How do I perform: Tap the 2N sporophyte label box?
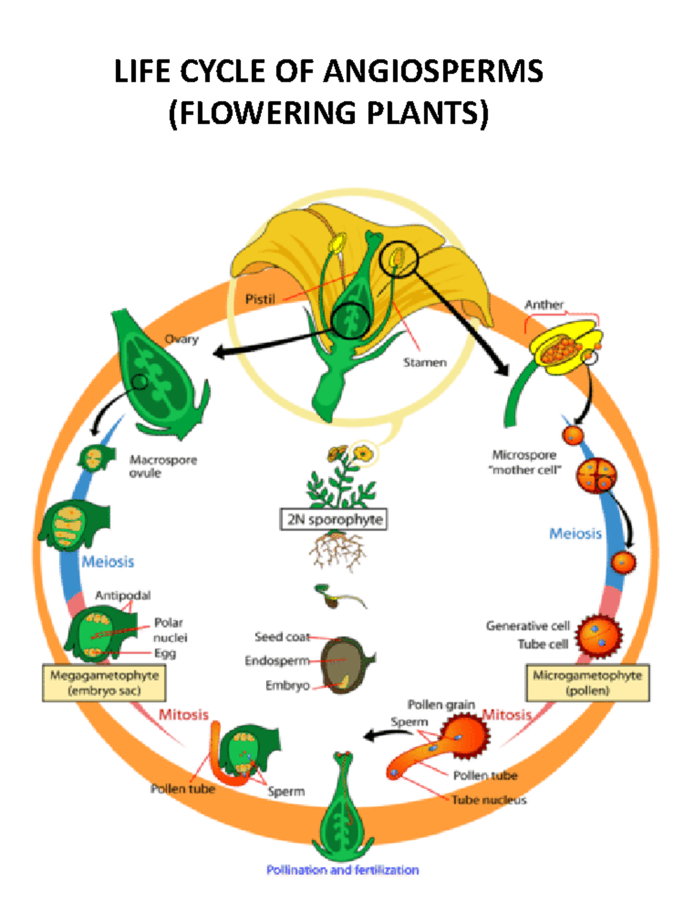coord(334,519)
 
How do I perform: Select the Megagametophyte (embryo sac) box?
coord(104,683)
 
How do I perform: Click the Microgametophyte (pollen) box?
coord(587,683)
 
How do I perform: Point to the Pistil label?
coord(260,299)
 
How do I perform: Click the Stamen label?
coord(425,363)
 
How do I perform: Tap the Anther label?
coord(544,305)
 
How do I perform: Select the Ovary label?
coord(181,339)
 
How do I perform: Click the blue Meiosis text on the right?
coord(575,534)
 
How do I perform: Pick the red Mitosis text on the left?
coord(184,715)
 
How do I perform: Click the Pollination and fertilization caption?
coord(343,870)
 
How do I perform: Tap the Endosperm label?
coord(277,661)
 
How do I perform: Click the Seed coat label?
coord(282,637)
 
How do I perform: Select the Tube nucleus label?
coord(489,800)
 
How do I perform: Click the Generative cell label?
coord(528,626)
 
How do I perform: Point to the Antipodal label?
coord(123,596)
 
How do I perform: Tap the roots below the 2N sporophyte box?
coord(338,550)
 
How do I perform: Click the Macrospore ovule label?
coord(162,466)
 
